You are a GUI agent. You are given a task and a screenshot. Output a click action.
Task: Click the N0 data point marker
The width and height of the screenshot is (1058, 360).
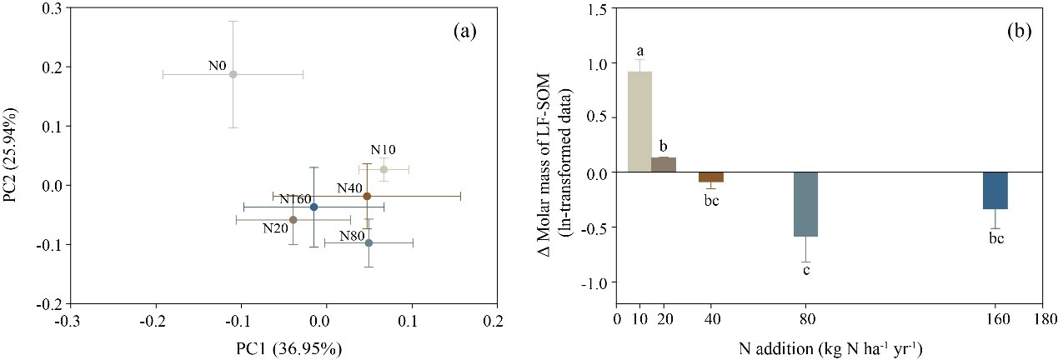[x=233, y=74]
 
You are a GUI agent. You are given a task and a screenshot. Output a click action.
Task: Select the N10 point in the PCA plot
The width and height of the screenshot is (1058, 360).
[x=384, y=169]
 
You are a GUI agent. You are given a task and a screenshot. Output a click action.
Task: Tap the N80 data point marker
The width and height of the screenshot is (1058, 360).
[x=369, y=242]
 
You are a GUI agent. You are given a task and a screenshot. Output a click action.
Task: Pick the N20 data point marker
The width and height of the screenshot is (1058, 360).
[x=293, y=220]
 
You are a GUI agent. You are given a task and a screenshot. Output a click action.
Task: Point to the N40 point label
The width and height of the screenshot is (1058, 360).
[x=349, y=187]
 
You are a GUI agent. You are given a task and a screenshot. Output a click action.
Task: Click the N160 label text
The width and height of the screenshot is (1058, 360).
[x=297, y=199]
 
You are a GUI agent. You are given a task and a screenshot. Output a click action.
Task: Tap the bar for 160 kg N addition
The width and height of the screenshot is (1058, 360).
[x=995, y=190]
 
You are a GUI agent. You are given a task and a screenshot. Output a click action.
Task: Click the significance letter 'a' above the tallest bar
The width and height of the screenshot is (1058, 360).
[x=639, y=52]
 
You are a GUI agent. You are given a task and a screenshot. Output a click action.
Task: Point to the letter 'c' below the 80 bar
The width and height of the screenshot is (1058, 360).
[x=806, y=272]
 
